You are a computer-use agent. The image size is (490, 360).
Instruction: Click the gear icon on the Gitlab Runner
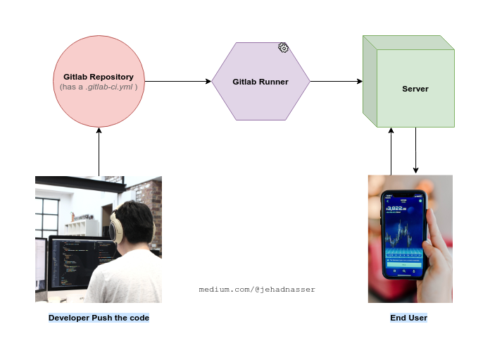point(283,48)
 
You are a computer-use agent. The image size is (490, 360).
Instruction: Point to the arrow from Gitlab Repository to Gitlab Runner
point(176,82)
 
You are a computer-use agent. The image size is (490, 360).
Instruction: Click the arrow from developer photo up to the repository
point(99,151)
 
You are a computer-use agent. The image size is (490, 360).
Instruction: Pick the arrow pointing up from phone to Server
point(391,151)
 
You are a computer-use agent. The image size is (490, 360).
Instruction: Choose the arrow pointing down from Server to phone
point(415,151)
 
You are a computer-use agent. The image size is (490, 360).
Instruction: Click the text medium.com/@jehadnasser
point(257,290)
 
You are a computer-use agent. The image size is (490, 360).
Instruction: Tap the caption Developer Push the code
point(99,318)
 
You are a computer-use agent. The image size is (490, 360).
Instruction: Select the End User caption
point(408,318)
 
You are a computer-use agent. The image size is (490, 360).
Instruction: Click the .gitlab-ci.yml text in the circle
point(109,86)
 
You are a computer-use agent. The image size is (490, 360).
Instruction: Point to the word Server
point(415,89)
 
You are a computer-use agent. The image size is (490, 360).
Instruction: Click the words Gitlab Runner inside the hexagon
point(260,82)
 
